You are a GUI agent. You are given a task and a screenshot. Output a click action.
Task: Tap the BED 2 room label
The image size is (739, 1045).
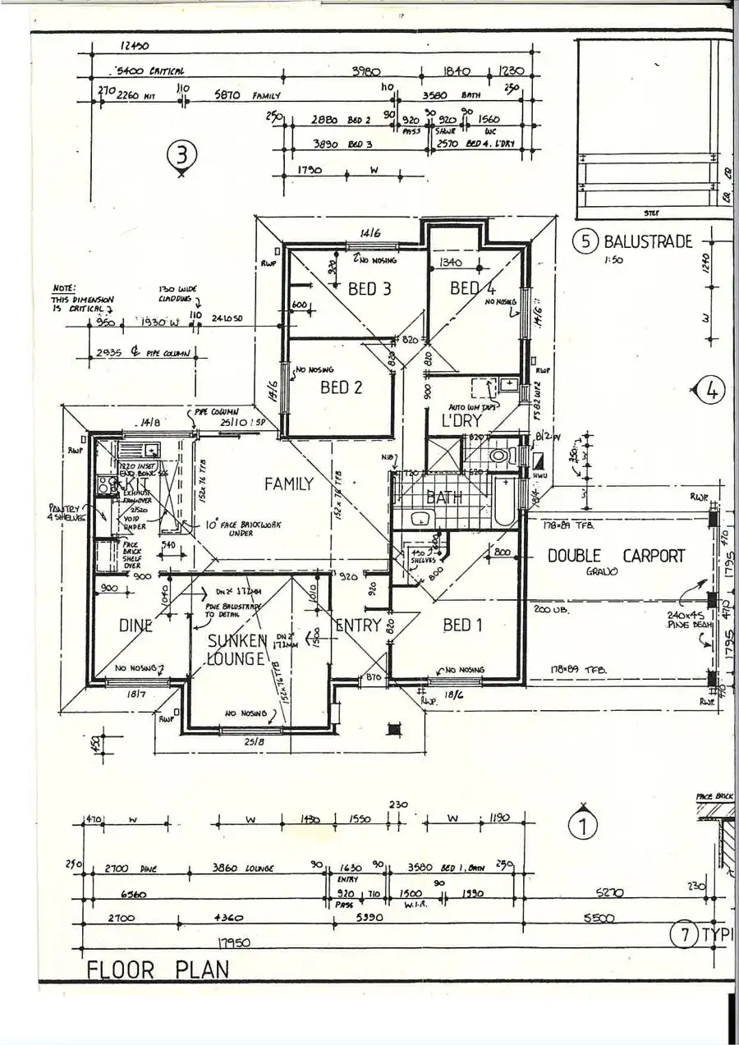341,387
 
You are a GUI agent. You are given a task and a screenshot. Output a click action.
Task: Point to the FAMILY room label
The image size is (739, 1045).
288,484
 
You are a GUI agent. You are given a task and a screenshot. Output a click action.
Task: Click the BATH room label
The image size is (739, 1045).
443,497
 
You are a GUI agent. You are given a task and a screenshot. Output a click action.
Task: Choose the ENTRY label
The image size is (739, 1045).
358,625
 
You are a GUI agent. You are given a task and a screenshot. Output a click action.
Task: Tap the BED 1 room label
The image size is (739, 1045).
461,625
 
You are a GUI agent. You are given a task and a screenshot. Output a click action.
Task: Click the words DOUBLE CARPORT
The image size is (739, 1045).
616,556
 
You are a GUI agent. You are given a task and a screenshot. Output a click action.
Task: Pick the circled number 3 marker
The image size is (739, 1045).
181,154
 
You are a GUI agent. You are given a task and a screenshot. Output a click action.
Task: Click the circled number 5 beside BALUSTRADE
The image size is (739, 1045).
585,241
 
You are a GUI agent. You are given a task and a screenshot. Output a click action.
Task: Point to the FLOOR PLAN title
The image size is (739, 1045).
158,969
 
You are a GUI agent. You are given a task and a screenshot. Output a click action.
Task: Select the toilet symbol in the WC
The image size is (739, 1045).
498,455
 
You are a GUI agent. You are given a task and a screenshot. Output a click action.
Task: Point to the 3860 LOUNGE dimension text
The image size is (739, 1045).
243,868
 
